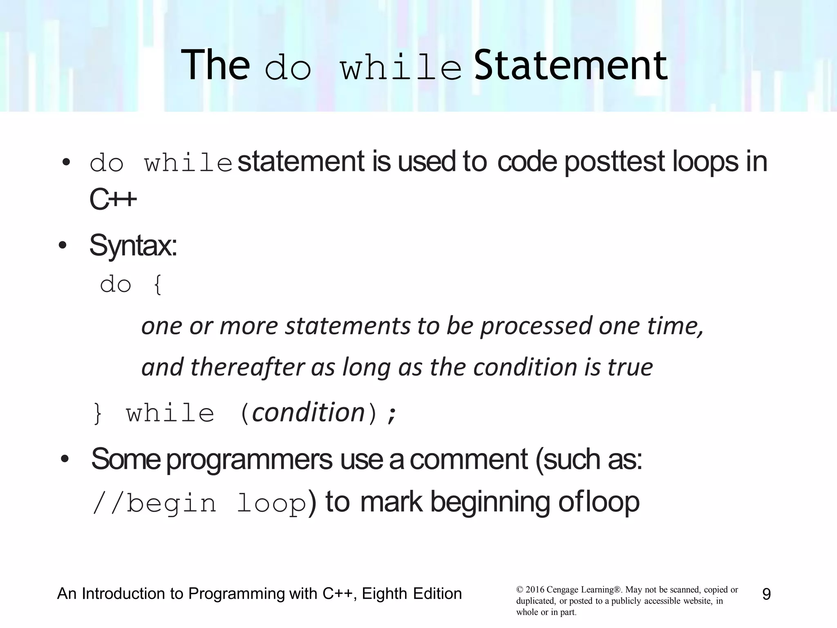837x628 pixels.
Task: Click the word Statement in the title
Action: [x=571, y=65]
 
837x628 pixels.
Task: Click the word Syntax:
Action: [x=133, y=246]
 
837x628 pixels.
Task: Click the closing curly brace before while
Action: [x=98, y=414]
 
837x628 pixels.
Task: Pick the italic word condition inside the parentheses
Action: [x=309, y=412]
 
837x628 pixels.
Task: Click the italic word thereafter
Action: [x=247, y=367]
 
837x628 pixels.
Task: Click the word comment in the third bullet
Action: [x=468, y=460]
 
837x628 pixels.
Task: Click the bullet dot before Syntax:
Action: [x=63, y=246]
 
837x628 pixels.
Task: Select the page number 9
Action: [x=766, y=594]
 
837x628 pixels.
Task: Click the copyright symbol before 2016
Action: [x=519, y=590]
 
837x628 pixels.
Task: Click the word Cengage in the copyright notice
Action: [x=562, y=590]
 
